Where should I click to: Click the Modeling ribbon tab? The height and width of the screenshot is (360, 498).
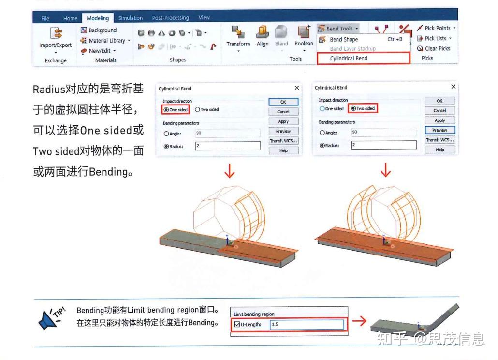pyautogui.click(x=98, y=18)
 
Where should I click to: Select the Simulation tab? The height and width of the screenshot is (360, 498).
pyautogui.click(x=130, y=18)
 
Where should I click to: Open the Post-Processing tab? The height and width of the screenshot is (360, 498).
pyautogui.click(x=170, y=18)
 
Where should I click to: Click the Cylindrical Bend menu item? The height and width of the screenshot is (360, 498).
pyautogui.click(x=349, y=58)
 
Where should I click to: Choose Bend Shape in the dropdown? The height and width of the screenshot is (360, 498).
pyautogui.click(x=344, y=39)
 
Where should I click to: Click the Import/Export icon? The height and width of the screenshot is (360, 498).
pyautogui.click(x=55, y=33)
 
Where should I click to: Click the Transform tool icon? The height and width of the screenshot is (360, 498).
pyautogui.click(x=238, y=33)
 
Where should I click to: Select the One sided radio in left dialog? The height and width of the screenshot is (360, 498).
pyautogui.click(x=166, y=110)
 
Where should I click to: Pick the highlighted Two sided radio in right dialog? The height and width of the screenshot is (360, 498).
pyautogui.click(x=354, y=109)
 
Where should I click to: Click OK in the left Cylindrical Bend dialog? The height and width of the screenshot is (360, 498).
pyautogui.click(x=283, y=102)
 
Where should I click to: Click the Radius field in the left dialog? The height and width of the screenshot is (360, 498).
pyautogui.click(x=227, y=146)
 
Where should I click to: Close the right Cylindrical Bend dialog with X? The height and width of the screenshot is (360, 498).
pyautogui.click(x=453, y=87)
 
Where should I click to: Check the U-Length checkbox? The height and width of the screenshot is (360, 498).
pyautogui.click(x=237, y=324)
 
